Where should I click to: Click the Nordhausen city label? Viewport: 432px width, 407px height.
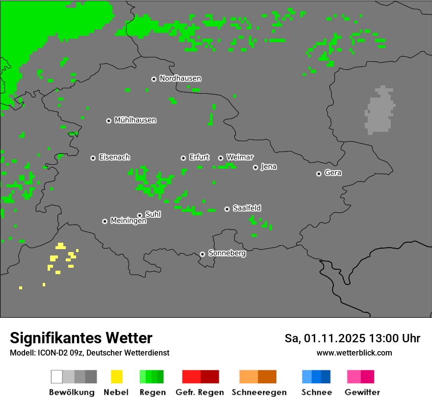180,78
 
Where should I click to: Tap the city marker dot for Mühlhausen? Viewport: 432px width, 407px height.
109,121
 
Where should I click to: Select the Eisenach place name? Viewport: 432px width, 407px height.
114,157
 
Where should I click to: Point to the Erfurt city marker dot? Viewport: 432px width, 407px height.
183,158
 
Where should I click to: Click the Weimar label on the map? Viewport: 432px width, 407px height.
240,157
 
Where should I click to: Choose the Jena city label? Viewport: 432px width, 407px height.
269,167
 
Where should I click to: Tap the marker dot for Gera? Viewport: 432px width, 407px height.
319,174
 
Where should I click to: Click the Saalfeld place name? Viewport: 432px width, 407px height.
247,208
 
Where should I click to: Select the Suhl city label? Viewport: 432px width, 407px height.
153,214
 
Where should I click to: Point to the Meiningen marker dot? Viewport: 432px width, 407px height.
105,222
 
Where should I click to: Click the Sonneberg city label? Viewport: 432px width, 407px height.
227,254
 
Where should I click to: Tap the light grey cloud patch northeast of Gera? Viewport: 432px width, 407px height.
380,112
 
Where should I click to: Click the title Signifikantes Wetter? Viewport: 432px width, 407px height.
81,338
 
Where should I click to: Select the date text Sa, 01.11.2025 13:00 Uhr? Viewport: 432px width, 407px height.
352,338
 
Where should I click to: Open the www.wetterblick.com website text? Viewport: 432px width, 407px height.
354,353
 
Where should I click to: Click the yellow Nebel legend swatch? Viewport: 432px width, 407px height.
116,377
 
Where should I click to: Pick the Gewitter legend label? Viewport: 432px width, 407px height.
362,392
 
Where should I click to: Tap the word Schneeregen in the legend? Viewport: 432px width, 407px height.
259,392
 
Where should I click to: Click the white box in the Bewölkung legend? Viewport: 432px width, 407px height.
57,377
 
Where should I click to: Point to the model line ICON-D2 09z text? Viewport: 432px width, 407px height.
89,353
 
